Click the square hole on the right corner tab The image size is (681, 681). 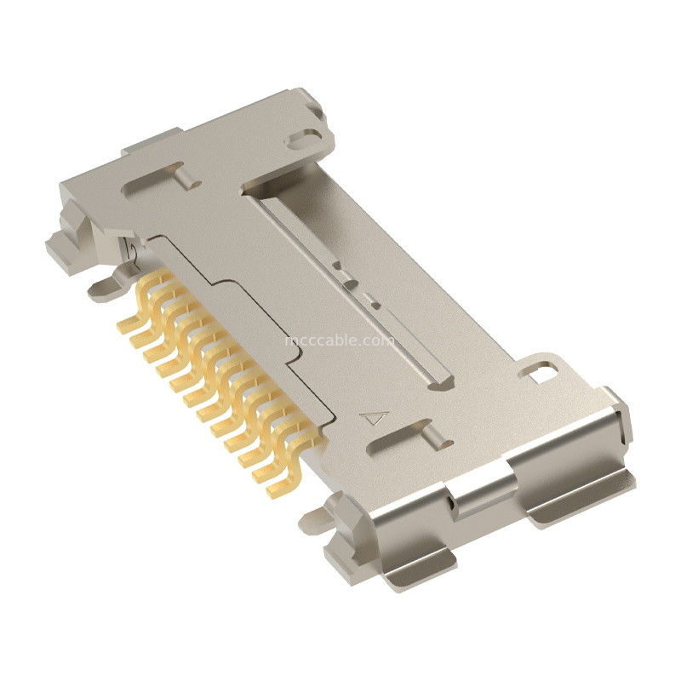tap(537, 370)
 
